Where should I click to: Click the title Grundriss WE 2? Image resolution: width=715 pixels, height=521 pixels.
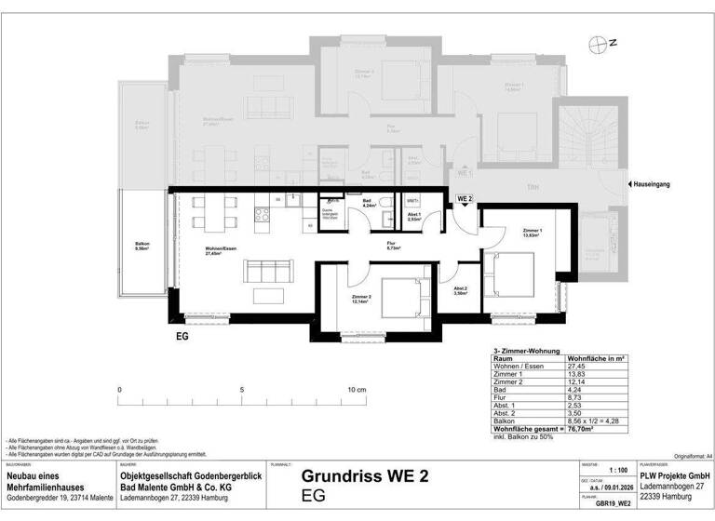pos(365,476)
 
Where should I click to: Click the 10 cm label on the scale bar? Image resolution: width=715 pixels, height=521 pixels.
pos(355,390)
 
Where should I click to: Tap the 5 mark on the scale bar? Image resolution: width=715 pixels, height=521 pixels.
pos(241,390)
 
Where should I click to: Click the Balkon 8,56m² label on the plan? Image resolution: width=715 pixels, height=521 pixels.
pos(142,247)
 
